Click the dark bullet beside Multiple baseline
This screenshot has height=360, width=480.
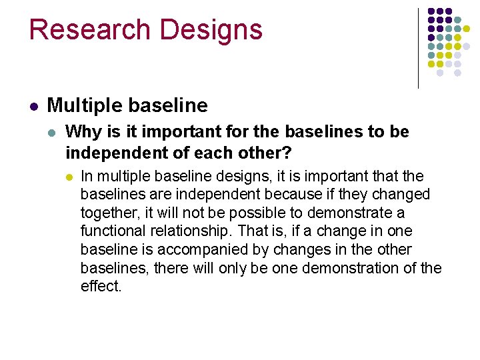tap(33, 106)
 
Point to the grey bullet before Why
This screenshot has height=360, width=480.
tap(53, 133)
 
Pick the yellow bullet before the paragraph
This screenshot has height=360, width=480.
tap(69, 177)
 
